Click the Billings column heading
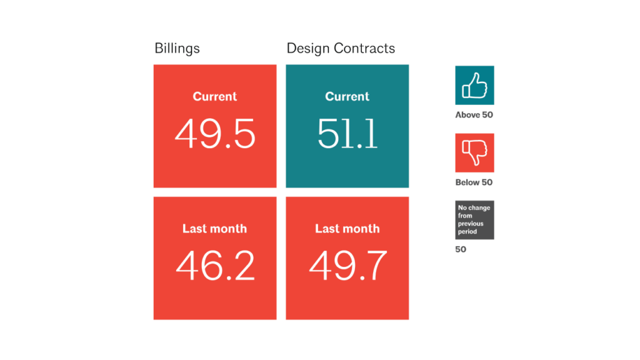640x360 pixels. coord(177,48)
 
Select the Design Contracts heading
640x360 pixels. coord(341,48)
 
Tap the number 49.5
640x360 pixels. coord(214,133)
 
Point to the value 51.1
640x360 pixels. coord(347,133)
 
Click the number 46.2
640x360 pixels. coord(215,265)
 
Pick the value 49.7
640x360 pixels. coord(347,265)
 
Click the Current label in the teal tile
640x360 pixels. coord(347,97)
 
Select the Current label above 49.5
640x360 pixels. coord(215,97)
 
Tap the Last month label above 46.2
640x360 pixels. coord(214,229)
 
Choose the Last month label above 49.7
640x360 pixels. coord(347,229)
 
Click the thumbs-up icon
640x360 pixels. coord(474,85)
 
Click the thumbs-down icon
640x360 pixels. coord(474,152)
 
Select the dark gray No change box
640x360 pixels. coord(474,220)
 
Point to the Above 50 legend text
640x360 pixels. coord(474,115)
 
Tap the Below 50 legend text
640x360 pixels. coord(474,182)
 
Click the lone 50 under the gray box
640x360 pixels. coord(461,249)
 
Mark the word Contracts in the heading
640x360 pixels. coord(365,48)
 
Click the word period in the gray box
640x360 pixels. coord(467,232)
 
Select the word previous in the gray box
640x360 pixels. coord(471,224)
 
